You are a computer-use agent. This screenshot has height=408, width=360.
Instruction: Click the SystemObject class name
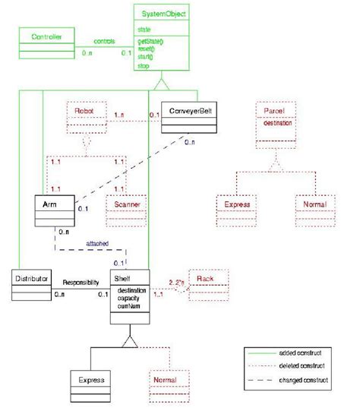coord(163,13)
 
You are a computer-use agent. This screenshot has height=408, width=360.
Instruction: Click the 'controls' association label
coord(104,41)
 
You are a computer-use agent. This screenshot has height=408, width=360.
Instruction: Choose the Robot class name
coord(84,109)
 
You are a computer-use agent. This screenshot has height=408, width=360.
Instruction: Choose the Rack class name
coord(205,278)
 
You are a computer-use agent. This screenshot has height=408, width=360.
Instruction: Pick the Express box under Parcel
coord(233,205)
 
